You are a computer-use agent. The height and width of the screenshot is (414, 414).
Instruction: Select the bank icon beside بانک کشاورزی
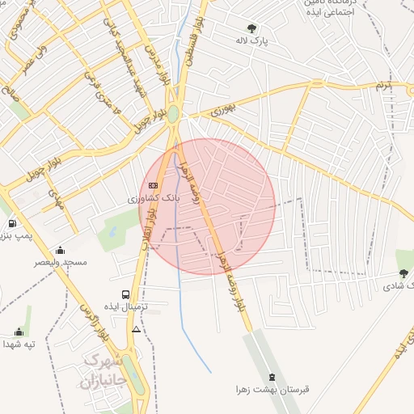pos(153,185)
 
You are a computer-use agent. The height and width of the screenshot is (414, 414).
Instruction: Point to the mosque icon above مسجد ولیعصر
pos(60,250)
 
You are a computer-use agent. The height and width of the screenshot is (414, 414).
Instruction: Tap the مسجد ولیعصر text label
pos(61,262)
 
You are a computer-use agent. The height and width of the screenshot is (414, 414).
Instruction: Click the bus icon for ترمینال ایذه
pos(125,294)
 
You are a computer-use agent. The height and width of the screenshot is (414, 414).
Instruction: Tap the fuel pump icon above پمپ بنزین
pos(12,223)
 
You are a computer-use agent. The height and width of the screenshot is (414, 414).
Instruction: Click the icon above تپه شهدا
pos(19,332)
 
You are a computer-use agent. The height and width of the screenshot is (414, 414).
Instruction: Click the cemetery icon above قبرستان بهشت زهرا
pos(272,377)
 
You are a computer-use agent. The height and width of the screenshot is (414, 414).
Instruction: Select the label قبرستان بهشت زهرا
pos(272,390)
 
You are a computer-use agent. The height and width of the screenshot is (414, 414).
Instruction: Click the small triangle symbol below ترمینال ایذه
pos(136,330)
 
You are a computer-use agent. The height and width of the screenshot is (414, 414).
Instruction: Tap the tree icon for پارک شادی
pos(403,273)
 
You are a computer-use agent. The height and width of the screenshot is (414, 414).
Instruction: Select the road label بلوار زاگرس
pos(91,320)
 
